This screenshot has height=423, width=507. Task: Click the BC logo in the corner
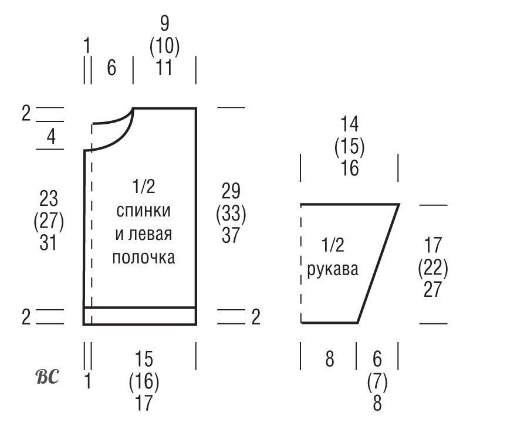(x=47, y=377)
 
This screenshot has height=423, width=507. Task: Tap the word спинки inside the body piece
(x=143, y=211)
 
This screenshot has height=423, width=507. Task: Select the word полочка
(x=144, y=258)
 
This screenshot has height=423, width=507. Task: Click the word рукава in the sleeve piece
(x=333, y=270)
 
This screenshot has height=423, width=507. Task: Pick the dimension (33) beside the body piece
(x=231, y=214)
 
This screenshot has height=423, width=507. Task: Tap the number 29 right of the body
(x=231, y=191)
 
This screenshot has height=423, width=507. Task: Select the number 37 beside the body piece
(x=231, y=235)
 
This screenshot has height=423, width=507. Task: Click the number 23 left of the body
(x=49, y=198)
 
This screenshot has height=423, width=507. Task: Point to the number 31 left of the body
(x=49, y=242)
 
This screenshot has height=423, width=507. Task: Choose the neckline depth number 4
(x=51, y=137)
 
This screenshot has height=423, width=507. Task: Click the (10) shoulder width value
(x=164, y=46)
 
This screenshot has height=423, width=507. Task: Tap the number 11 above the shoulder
(x=164, y=67)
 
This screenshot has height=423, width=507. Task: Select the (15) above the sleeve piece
(x=350, y=146)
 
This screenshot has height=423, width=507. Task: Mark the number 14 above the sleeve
(x=350, y=124)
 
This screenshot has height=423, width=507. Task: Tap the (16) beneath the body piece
(x=144, y=381)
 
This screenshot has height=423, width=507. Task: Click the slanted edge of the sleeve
(x=378, y=263)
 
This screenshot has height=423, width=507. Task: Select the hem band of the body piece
(x=140, y=316)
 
